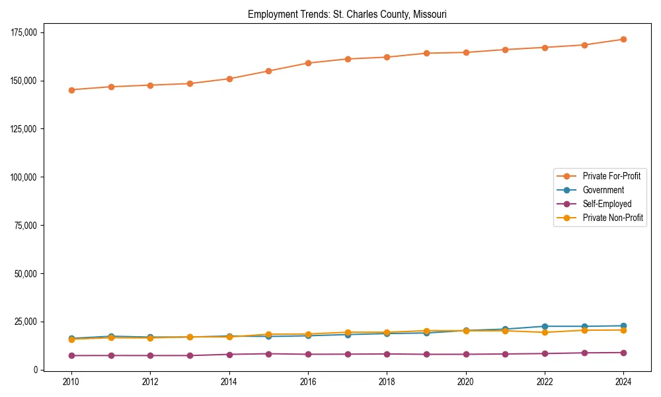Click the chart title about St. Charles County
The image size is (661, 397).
click(347, 14)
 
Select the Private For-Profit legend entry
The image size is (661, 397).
click(611, 176)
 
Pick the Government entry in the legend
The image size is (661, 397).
click(603, 190)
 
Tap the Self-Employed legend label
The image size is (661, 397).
click(607, 204)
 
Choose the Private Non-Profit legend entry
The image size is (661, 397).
click(613, 218)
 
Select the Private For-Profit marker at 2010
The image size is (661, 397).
click(71, 90)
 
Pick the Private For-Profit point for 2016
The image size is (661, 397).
click(308, 63)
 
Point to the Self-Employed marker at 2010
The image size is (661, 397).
click(71, 355)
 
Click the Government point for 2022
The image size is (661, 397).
click(545, 326)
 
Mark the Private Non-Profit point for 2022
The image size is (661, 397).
click(545, 332)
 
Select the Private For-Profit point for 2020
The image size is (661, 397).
click(466, 52)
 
